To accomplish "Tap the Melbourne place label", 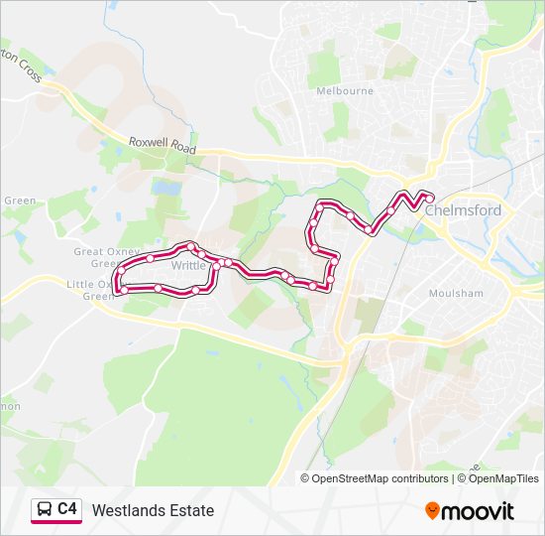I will [344, 90].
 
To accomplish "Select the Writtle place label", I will [187, 266].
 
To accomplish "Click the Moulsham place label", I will [456, 294].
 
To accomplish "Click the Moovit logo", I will [470, 511].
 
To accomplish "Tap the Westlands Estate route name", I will [153, 511].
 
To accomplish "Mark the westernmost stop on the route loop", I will [118, 290].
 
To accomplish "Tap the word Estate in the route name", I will [192, 511].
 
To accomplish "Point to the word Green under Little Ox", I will [97, 296].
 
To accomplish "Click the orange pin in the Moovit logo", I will [433, 511].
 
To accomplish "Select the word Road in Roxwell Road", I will [182, 147].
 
